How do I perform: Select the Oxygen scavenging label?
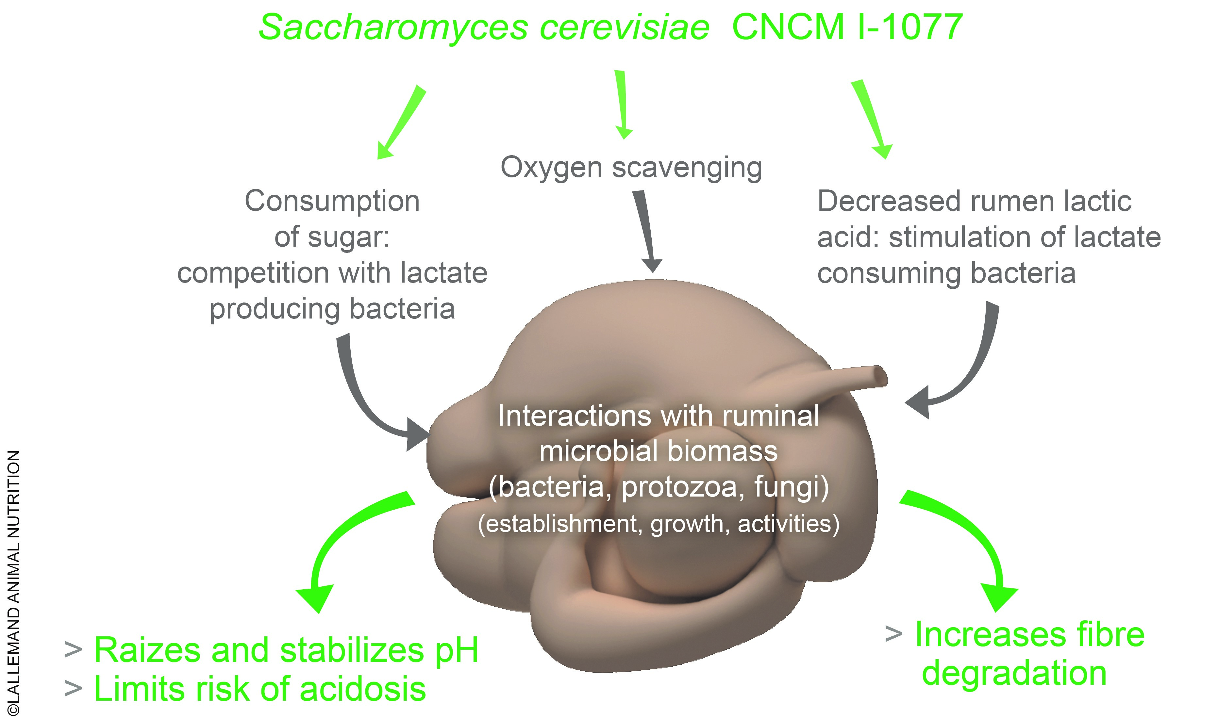(631, 168)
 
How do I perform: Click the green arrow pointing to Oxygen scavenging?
(622, 104)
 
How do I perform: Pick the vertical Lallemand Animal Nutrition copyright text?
(14, 581)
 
